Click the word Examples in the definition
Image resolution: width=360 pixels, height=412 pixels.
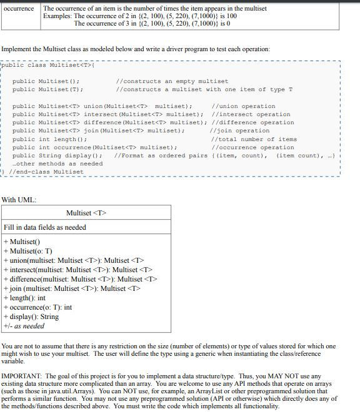point(57,16)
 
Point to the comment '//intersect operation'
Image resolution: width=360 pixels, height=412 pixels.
point(251,114)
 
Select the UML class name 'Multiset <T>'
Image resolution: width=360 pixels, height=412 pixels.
point(86,213)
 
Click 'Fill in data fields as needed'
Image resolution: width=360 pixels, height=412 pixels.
point(45,227)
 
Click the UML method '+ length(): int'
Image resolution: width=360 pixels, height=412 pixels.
point(25,298)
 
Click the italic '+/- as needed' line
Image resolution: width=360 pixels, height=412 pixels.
point(24,326)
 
